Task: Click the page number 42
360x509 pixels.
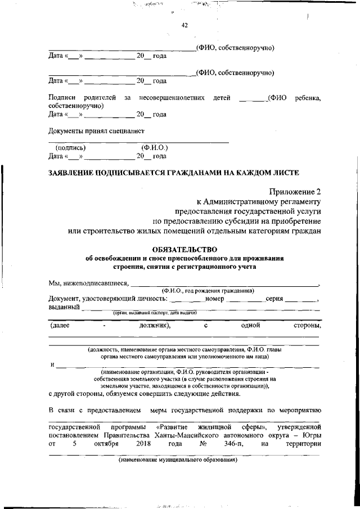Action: [x=184, y=25]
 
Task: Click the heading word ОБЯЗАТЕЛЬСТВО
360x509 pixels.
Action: [x=184, y=249]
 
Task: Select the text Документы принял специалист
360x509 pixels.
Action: [x=93, y=131]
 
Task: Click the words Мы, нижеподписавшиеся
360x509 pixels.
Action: [x=89, y=283]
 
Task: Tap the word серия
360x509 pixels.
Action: [x=273, y=299]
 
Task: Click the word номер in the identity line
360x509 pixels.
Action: [x=215, y=299]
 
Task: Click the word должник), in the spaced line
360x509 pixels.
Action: [x=155, y=325]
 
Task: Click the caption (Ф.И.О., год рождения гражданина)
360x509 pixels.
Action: [x=208, y=291]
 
